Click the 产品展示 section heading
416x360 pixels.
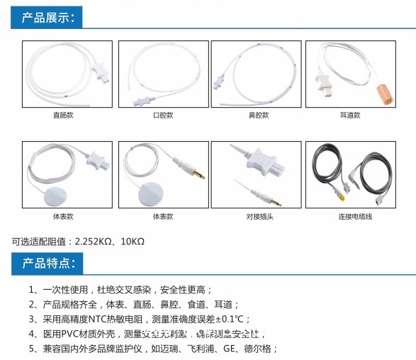point(47,18)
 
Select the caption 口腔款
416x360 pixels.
point(162,115)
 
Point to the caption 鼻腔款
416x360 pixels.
point(255,115)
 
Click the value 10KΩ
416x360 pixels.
point(132,242)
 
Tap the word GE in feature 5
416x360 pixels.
point(230,349)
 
